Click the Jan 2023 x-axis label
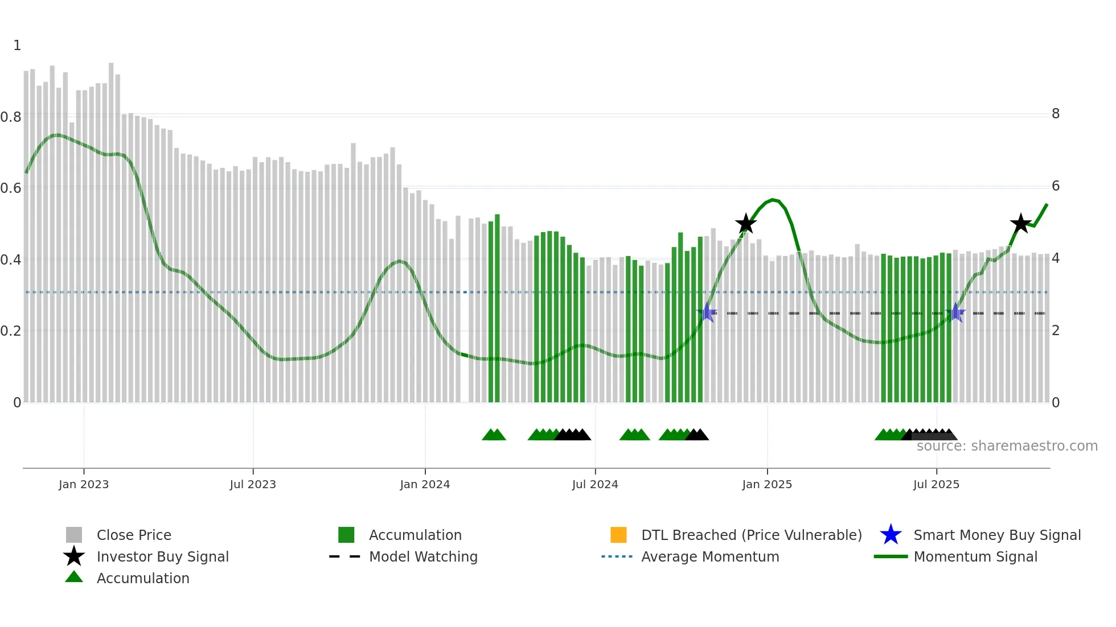(83, 484)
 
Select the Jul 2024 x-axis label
(594, 484)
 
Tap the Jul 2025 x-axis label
(936, 484)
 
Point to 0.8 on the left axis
(11, 117)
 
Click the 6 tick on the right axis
(1055, 186)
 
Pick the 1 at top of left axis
(17, 46)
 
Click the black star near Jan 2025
(745, 224)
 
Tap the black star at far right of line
(1020, 224)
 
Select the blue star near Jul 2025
(955, 313)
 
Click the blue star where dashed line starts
(707, 312)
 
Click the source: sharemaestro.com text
(1007, 446)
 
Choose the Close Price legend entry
(134, 535)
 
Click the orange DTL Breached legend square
(618, 535)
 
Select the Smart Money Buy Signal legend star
(891, 535)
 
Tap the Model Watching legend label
(423, 556)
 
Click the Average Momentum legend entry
(709, 556)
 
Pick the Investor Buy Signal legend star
(74, 556)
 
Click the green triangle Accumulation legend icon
(74, 577)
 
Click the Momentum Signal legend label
(975, 556)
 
